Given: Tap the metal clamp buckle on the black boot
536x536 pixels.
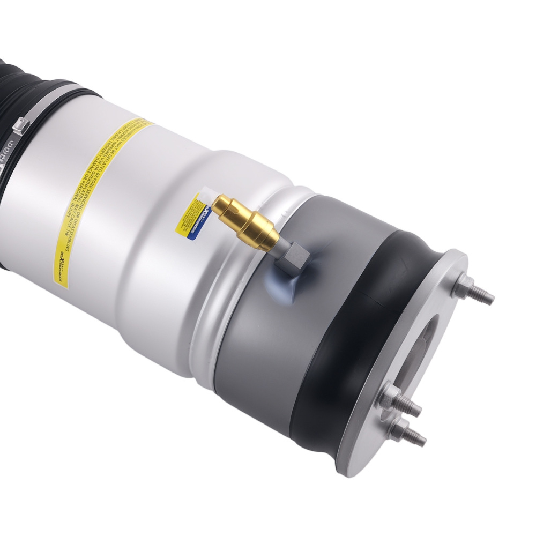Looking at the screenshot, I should coord(20,126).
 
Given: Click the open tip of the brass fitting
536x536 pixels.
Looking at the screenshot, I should coord(215,203).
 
